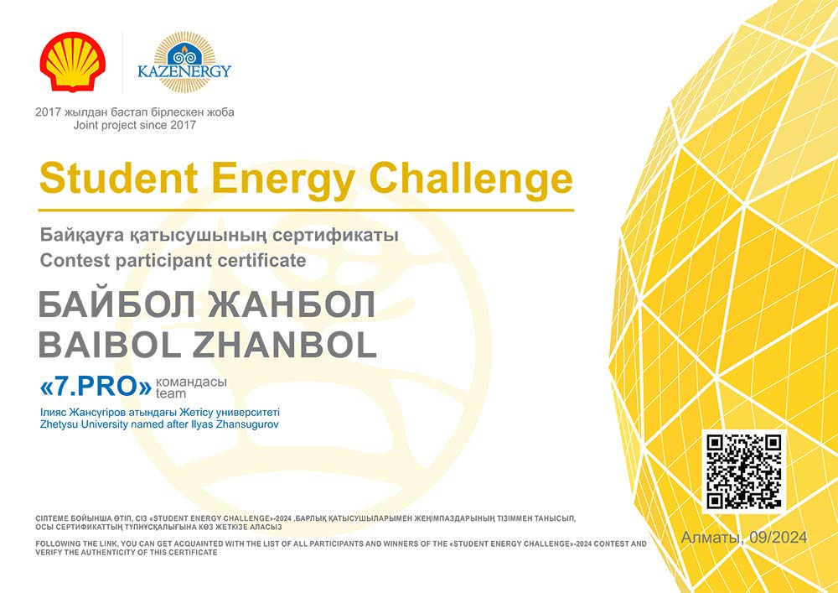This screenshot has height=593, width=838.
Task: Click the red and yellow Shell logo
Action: pos(73,61)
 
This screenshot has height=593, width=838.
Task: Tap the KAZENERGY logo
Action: pos(184,62)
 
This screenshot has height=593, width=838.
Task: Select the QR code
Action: pos(744,471)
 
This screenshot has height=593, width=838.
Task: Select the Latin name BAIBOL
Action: pos(110,346)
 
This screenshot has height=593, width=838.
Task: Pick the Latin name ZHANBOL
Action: pos(284,346)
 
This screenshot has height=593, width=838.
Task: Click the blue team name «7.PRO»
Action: pos(96,388)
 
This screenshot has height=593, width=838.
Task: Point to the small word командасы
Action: pos(191,382)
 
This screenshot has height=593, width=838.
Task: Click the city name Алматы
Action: pos(711,538)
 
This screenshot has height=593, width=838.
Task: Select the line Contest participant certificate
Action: pos(173,260)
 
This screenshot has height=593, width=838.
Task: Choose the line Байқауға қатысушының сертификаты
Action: pos(219,236)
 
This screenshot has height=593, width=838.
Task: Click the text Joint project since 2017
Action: pos(135,126)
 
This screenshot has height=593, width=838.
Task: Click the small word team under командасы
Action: pos(171,394)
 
